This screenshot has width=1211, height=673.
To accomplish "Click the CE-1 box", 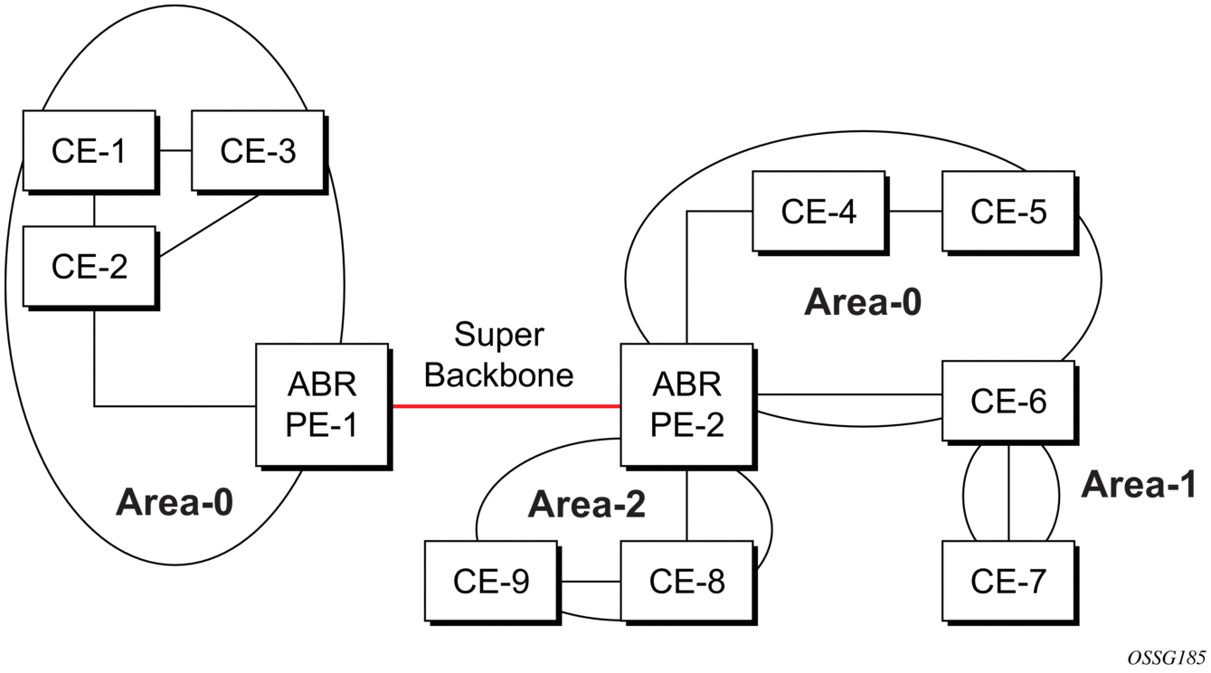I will click(x=89, y=150).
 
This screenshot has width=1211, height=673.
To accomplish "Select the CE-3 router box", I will click(x=258, y=150).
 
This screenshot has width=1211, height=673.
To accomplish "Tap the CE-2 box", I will click(x=89, y=266).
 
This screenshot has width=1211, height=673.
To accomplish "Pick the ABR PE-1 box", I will click(x=322, y=404).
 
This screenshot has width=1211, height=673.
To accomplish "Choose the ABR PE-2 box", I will click(x=686, y=404).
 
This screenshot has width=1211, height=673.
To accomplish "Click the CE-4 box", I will click(x=818, y=211).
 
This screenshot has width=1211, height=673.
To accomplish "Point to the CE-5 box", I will click(x=1008, y=211).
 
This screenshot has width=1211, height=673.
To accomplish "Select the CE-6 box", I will click(x=1008, y=401).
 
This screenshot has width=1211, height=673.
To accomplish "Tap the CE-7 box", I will click(x=1008, y=581).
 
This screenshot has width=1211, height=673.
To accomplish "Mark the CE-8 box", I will click(x=686, y=581).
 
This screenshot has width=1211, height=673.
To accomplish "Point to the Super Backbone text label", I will click(x=498, y=355).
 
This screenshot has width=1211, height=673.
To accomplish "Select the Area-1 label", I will click(x=1139, y=485).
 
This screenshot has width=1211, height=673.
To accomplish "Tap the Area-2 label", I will click(x=586, y=505).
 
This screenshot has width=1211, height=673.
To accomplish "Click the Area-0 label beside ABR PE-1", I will click(x=174, y=502).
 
